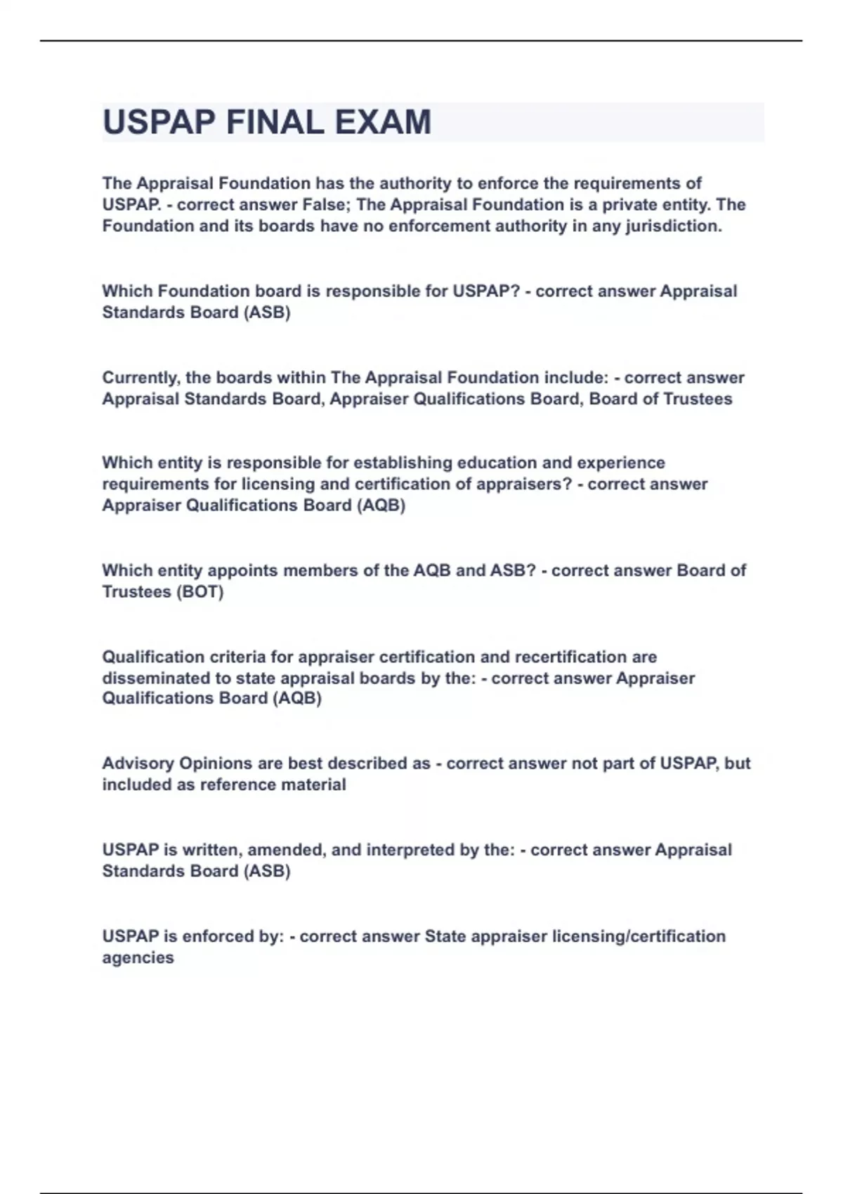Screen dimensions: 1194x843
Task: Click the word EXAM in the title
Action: click(383, 122)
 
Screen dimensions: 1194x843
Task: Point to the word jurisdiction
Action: click(674, 226)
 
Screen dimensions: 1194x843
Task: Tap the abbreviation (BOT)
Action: click(201, 591)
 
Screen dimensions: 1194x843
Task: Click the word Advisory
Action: click(138, 763)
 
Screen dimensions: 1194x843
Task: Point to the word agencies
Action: click(138, 958)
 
